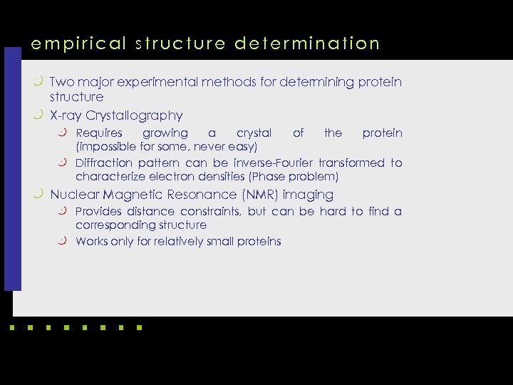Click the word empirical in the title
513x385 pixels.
(68, 43)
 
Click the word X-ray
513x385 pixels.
(67, 115)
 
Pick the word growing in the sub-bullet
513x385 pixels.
(165, 133)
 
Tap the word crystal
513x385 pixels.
(254, 133)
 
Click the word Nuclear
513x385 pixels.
(75, 195)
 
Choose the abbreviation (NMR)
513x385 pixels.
(260, 195)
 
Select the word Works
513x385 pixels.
(91, 242)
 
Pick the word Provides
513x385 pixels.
(99, 212)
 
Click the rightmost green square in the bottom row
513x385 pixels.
(139, 328)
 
